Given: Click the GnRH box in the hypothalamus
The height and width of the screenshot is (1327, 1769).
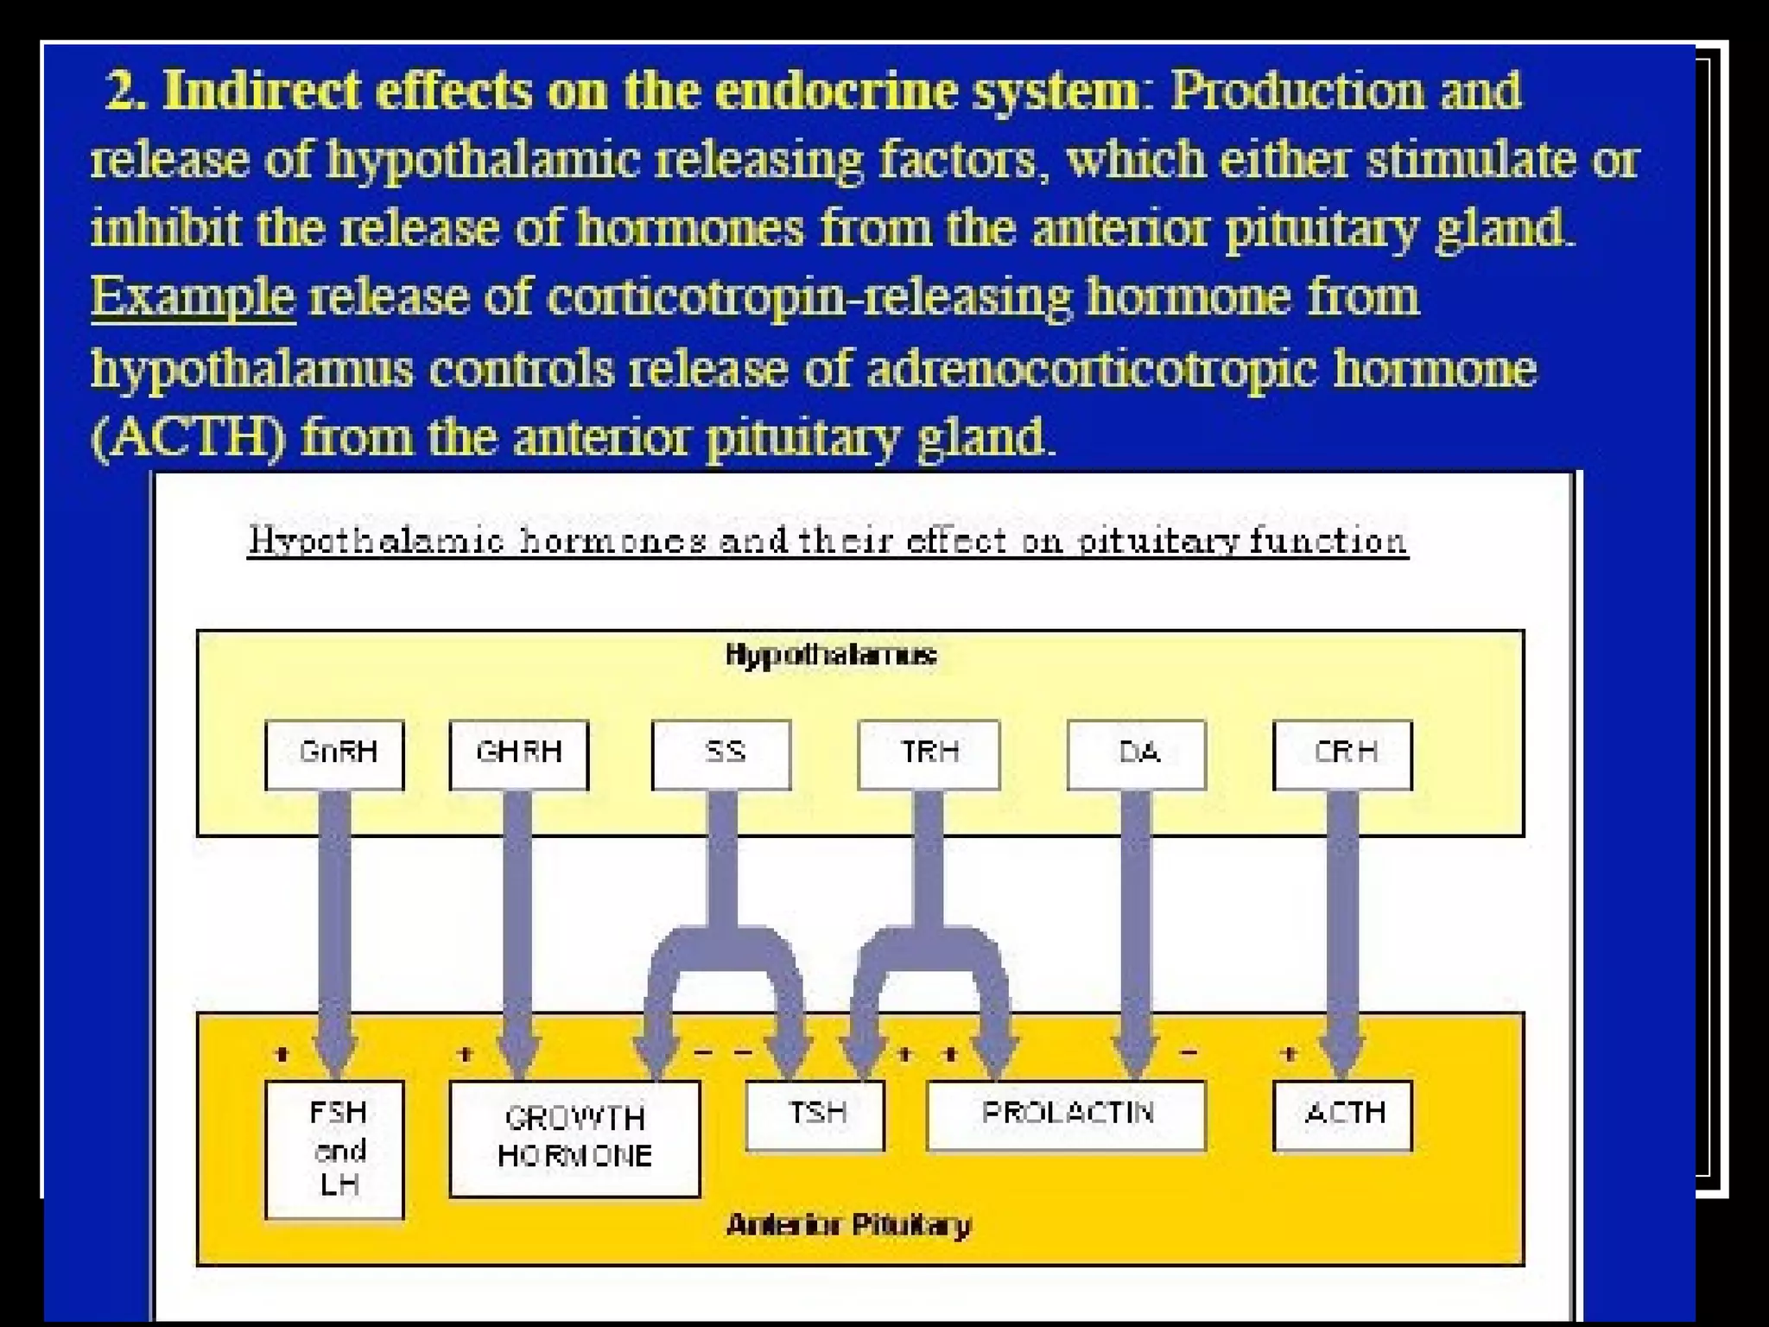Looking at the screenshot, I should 334,754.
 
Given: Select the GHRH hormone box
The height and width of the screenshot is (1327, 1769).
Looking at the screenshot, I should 518,754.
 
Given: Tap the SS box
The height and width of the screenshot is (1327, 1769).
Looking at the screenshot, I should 721,754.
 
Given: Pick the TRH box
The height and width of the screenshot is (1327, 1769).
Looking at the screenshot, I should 929,754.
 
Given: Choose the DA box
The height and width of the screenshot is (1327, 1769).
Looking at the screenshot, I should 1136,754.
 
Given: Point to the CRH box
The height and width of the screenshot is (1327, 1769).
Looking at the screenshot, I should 1342,754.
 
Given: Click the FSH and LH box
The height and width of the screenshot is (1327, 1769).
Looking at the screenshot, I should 334,1149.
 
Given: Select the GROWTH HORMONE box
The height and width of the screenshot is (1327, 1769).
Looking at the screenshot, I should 574,1138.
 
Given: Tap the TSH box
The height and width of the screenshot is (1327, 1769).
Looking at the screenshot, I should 815,1115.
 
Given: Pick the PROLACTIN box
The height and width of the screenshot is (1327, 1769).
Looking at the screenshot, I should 1066,1115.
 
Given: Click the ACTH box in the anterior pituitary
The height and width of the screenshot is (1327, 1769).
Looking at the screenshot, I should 1342,1115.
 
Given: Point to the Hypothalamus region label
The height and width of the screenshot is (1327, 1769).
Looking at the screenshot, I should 830,655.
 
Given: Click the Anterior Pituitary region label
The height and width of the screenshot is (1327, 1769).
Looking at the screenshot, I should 849,1225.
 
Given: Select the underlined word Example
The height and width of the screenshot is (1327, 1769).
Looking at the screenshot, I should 193,297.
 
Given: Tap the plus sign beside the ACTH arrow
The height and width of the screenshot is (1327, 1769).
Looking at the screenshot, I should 1290,1053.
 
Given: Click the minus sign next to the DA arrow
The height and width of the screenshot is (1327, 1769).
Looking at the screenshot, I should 1189,1052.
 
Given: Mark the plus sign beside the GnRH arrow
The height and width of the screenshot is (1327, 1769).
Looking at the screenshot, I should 282,1053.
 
